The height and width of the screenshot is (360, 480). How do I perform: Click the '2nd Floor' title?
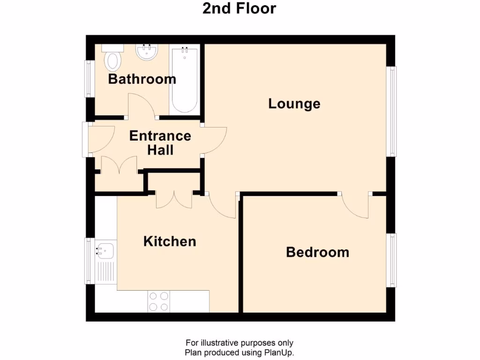tap(239, 8)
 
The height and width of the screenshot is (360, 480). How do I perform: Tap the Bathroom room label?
tap(142, 79)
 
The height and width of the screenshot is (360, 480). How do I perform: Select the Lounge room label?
tap(294, 104)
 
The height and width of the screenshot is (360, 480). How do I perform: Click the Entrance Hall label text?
tap(160, 143)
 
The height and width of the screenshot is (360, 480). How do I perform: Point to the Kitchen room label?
tap(169, 242)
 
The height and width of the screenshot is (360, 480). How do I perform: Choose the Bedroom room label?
tap(317, 253)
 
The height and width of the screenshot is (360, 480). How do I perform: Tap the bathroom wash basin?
tap(147, 52)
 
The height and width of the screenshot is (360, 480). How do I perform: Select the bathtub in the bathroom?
tap(184, 80)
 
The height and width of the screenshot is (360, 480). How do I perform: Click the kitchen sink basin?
tap(105, 251)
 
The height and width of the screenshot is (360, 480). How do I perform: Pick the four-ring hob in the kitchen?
tap(159, 301)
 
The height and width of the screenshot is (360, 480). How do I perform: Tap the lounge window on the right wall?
tap(392, 111)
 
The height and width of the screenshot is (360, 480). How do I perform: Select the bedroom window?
tap(392, 260)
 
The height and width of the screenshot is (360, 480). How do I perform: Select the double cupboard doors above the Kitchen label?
tap(173, 201)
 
